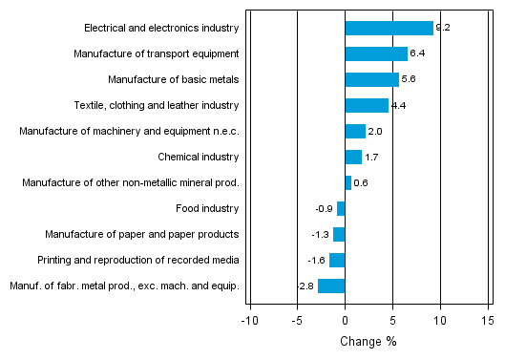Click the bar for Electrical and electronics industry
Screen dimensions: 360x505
point(389,28)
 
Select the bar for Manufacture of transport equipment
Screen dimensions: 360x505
point(375,53)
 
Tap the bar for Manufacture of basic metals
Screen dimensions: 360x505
point(371,79)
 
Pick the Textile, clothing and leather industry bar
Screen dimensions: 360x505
point(366,105)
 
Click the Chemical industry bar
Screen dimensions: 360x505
point(352,157)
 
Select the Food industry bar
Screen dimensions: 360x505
point(341,208)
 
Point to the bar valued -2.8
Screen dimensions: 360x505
point(331,286)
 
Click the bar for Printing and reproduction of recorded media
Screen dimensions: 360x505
point(337,260)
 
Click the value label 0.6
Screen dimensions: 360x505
point(360,182)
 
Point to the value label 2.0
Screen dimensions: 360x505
point(374,131)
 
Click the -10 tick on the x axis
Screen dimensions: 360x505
point(249,321)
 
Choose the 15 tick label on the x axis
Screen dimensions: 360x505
point(487,321)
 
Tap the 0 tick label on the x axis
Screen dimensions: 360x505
point(345,321)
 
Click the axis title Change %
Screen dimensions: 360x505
point(368,342)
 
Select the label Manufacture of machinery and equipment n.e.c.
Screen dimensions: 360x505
point(129,131)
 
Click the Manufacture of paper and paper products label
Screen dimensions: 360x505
point(142,234)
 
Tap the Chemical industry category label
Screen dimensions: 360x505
point(198,157)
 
